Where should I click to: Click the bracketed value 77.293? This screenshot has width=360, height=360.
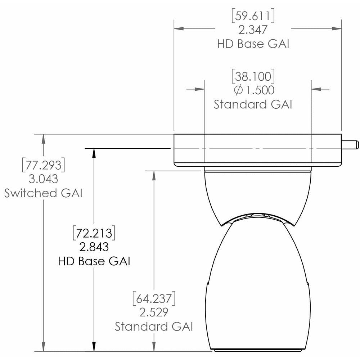pos(44,165)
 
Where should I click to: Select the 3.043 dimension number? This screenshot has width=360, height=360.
pos(44,179)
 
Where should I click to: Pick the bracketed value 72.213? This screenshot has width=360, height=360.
pos(94,233)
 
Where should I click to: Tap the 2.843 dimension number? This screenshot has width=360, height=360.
pos(94,247)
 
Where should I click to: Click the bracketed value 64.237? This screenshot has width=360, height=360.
pos(154,298)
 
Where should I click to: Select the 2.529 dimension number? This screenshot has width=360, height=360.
pos(154,312)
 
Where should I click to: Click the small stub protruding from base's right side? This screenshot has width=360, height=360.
pos(350,144)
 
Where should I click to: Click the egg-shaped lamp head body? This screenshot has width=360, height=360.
pos(257,288)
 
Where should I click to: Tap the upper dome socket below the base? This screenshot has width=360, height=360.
pos(257,193)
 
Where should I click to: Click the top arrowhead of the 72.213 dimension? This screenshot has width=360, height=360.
pos(94,152)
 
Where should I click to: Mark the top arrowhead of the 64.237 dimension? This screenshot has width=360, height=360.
pos(154,174)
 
